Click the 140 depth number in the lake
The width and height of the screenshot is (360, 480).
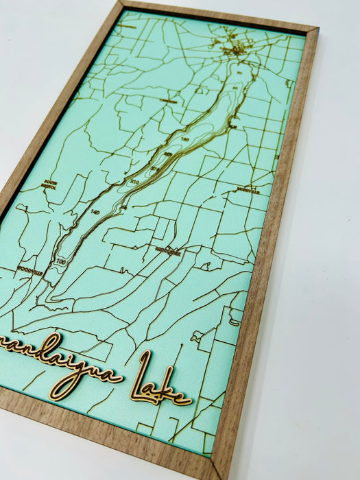point(95,213)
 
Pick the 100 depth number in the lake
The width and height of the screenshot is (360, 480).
point(63,261)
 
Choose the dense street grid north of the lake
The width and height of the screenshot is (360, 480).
point(233,48)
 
